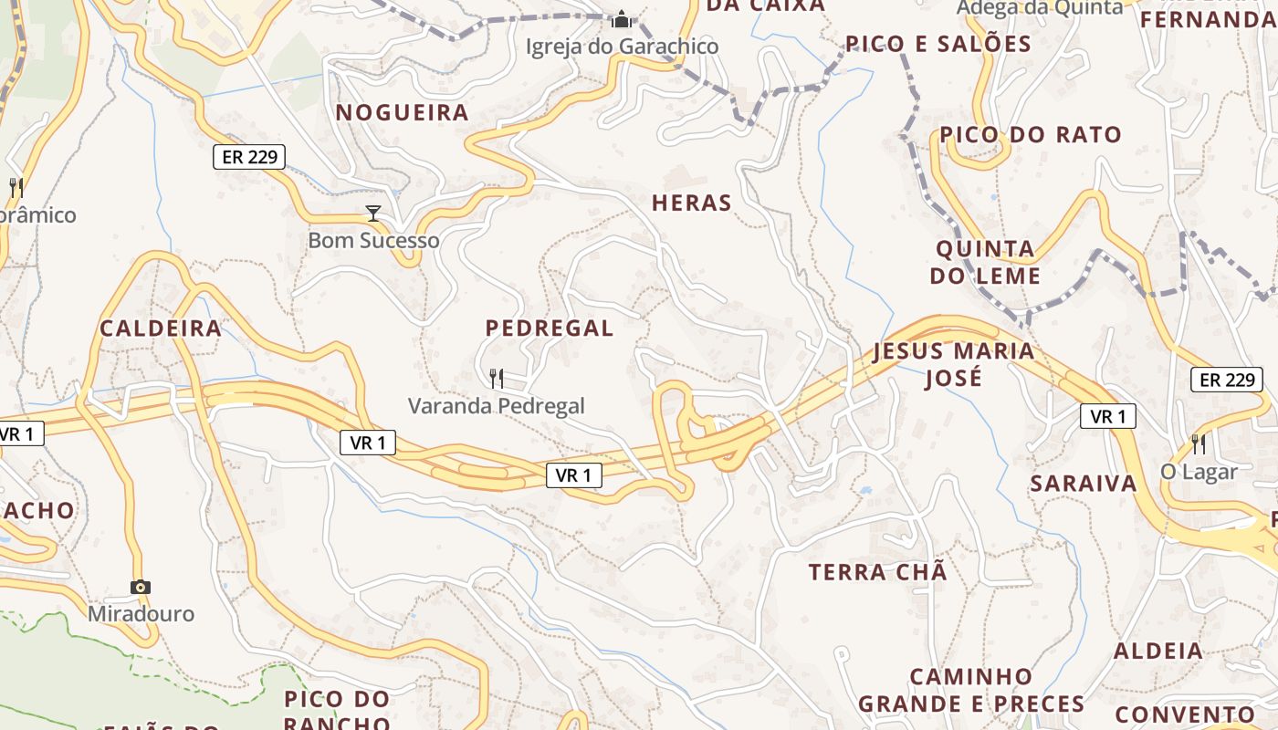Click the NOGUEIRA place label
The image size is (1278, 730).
[x=403, y=113]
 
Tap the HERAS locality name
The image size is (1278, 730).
[x=692, y=203]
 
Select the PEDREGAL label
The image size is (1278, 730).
[x=550, y=328]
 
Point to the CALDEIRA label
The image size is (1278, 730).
[x=161, y=328]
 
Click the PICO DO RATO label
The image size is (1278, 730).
[x=1031, y=135]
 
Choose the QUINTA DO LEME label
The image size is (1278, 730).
[x=986, y=262]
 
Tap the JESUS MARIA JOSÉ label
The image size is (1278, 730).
[x=954, y=364]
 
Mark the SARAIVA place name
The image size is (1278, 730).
[x=1084, y=484]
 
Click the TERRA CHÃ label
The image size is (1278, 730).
[x=878, y=573]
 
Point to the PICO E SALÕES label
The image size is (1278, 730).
[x=938, y=44]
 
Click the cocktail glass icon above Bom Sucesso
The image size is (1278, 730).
[x=372, y=214]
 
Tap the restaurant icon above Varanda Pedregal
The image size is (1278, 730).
[x=497, y=378]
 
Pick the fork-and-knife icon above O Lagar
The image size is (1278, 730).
[x=1199, y=444]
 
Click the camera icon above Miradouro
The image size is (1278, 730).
[x=140, y=587]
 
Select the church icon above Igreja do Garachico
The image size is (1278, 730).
[x=622, y=19]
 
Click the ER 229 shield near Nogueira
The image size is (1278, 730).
[x=249, y=157]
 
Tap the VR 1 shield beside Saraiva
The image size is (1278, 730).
[x=1108, y=417]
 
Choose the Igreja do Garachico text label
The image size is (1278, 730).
[x=622, y=47]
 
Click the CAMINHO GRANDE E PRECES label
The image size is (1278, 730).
[x=971, y=691]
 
